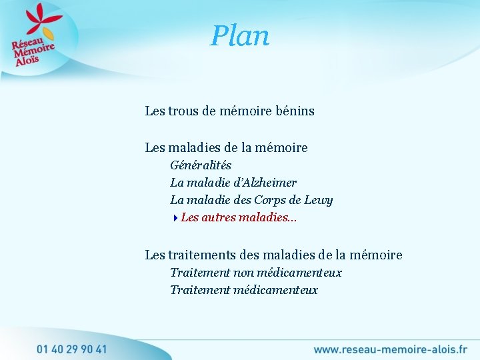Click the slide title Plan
tap(240, 36)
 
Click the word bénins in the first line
tap(294, 111)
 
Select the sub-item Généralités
tap(201, 165)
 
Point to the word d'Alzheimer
tap(265, 182)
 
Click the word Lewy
tap(319, 200)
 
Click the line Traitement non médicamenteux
tap(256, 272)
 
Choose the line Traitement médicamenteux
tap(244, 290)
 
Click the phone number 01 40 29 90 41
tap(71, 349)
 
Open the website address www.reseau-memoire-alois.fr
tap(390, 349)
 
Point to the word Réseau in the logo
tap(25, 43)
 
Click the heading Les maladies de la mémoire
tap(226, 147)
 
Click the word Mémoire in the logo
tap(34, 51)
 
